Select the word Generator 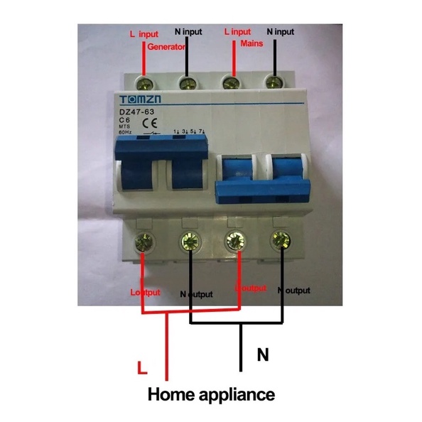167,46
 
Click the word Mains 252,43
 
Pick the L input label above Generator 144,33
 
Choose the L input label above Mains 238,32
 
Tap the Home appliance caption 210,393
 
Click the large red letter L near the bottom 142,368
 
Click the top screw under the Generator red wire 145,84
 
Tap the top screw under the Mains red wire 230,84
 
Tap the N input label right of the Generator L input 189,32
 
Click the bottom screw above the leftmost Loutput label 145,242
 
